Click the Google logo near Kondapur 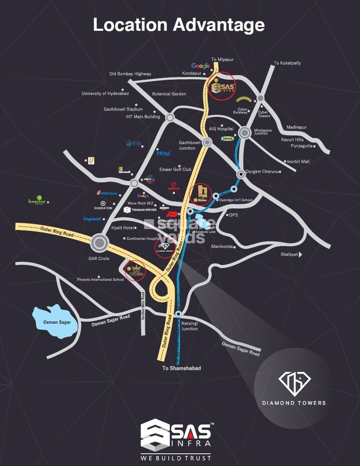pos(201,66)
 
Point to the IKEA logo pos(227,138)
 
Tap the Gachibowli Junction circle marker pos(207,142)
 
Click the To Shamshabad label pos(181,368)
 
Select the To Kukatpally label pos(287,63)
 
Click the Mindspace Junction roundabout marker pos(245,133)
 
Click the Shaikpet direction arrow pos(300,254)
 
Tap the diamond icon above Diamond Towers pos(294,381)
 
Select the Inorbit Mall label pos(298,162)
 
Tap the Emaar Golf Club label pos(176,169)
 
